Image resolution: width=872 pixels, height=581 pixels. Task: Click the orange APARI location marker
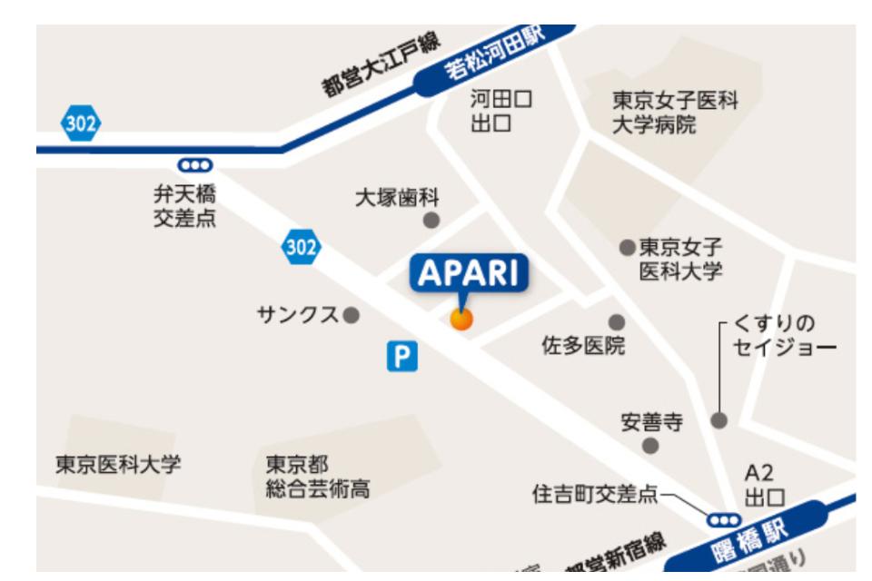[x=461, y=319]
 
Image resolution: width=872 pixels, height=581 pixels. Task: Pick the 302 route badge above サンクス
[x=301, y=246]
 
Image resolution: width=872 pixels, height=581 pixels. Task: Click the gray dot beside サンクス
[x=352, y=315]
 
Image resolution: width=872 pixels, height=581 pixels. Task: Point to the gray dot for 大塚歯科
[x=431, y=220]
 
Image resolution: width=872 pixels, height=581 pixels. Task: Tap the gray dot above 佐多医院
[x=617, y=321]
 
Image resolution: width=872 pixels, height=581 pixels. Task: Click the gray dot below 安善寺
[x=650, y=445]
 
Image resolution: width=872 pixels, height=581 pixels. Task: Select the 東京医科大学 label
[x=119, y=465]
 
